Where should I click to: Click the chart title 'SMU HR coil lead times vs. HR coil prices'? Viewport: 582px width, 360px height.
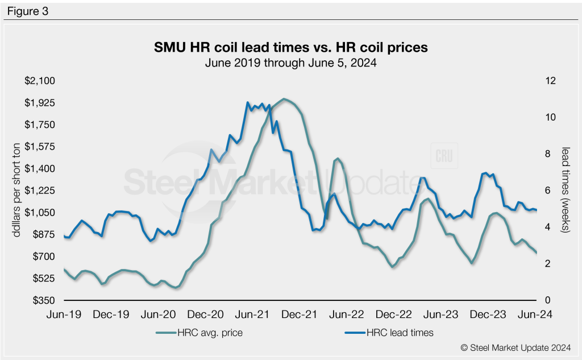[291, 48]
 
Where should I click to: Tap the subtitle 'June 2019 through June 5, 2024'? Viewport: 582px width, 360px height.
[291, 63]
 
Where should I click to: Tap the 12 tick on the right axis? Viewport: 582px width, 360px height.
[548, 81]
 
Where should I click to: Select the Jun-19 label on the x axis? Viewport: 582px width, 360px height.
[64, 313]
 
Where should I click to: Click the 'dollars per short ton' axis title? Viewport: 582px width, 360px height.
[17, 191]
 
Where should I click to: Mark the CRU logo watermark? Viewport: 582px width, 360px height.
[444, 157]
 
